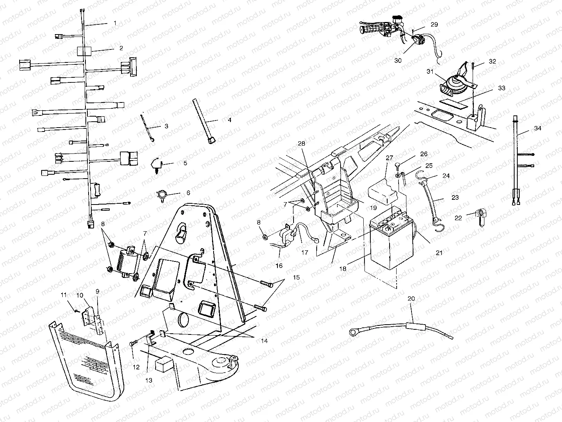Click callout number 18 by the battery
(x=343, y=269)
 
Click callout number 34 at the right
(x=538, y=128)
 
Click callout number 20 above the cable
(x=411, y=299)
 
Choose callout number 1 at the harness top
(x=115, y=23)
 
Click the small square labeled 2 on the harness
(x=84, y=51)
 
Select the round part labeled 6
(x=162, y=195)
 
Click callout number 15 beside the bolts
(x=296, y=277)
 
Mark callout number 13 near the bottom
(x=149, y=380)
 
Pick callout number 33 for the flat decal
(x=502, y=88)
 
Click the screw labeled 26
(x=397, y=166)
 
